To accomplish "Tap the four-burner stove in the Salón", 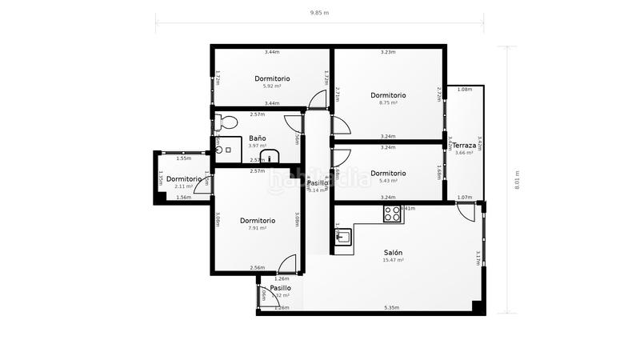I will (x=392, y=214).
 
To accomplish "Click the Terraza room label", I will (x=465, y=145).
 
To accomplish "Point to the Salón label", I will (x=393, y=252).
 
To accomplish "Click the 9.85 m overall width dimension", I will (x=319, y=13).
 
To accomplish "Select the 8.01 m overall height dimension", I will (x=518, y=180).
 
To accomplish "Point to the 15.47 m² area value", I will (x=393, y=260).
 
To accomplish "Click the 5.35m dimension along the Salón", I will (x=392, y=308).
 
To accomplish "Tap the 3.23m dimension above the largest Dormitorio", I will (x=388, y=52).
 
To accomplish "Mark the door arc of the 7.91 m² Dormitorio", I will (x=287, y=263).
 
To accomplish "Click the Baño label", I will (x=258, y=138).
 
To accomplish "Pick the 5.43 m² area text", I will (x=388, y=181).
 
